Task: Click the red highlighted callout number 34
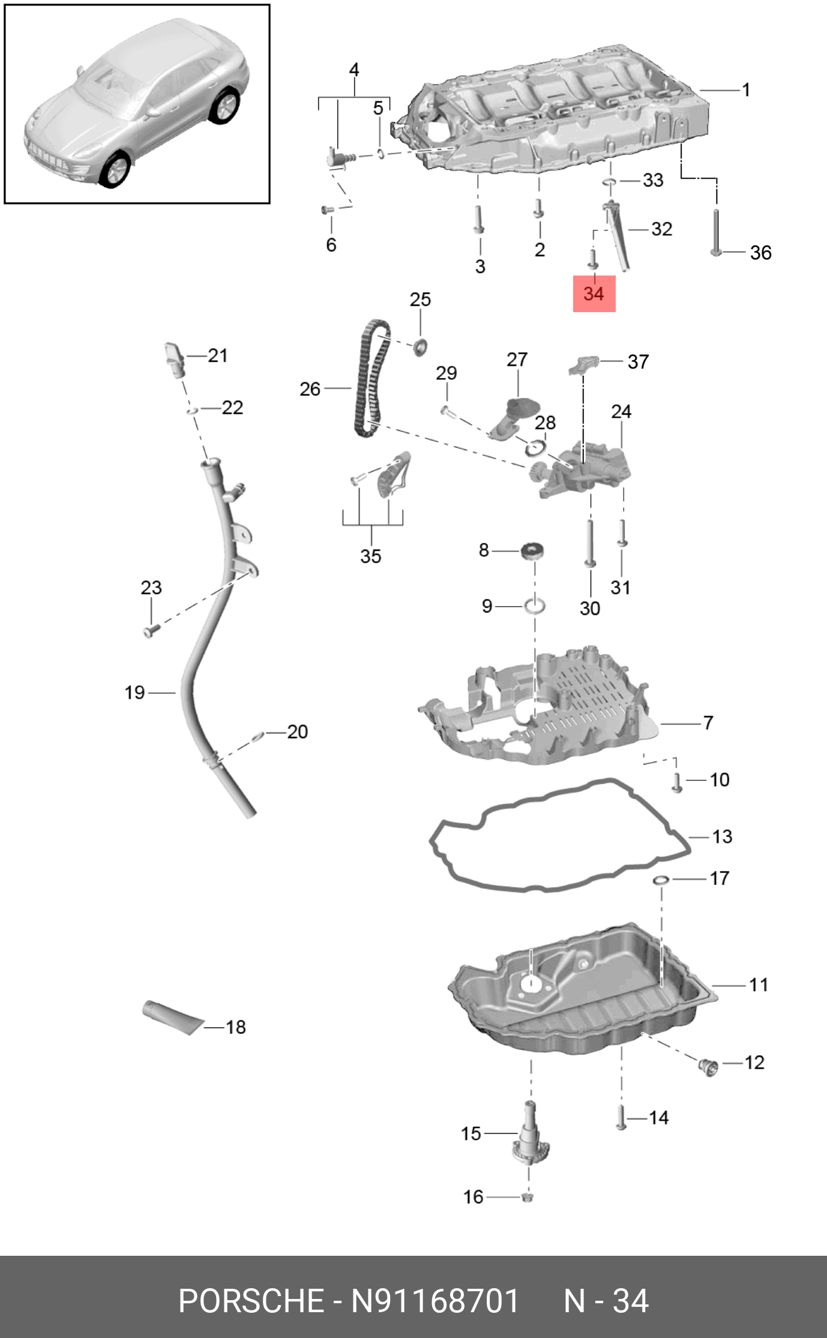point(594,294)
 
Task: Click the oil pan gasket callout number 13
point(722,836)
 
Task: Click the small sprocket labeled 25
point(420,346)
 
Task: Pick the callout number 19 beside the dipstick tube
point(134,693)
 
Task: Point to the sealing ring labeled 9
point(535,606)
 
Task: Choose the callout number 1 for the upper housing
point(746,90)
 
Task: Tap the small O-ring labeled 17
point(661,880)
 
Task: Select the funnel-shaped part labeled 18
point(172,1018)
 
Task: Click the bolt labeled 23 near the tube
point(149,631)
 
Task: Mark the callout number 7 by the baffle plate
point(708,723)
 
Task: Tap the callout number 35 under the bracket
point(371,556)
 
